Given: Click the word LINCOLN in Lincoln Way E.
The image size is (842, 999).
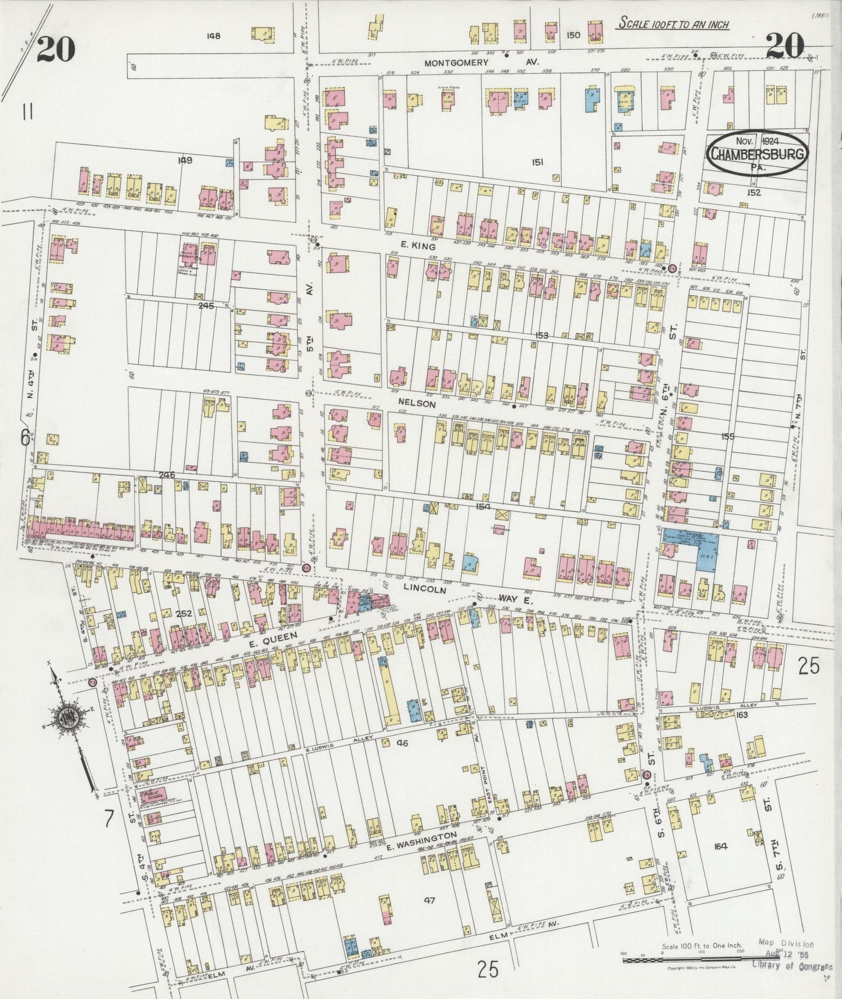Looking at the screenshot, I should [x=426, y=589].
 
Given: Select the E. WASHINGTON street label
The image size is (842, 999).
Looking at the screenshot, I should [x=421, y=840].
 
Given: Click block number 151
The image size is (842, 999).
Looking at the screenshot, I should [x=537, y=163].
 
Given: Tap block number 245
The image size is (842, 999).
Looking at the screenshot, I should [x=206, y=305].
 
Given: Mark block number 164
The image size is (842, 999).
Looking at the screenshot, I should [x=720, y=846].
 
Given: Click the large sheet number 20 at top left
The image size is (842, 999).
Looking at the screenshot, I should [x=57, y=49].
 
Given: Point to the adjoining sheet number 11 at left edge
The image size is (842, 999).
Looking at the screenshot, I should [x=27, y=111].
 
